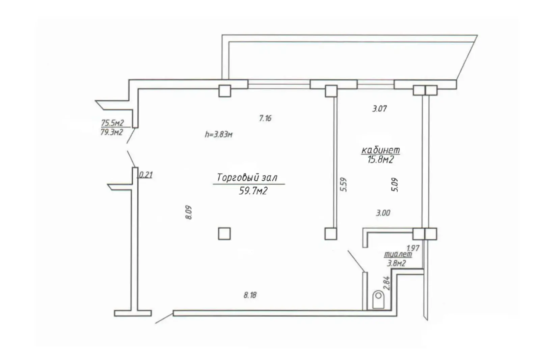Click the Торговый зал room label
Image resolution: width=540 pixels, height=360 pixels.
247,178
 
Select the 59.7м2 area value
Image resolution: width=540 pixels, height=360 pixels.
253,191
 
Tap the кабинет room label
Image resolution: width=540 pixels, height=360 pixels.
380,150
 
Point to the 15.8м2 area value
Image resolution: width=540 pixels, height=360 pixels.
380,160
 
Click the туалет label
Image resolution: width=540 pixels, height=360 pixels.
398,254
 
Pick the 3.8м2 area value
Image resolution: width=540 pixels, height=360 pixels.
396,263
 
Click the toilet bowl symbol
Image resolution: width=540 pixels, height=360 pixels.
378,300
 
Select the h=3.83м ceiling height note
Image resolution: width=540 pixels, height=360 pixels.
219,134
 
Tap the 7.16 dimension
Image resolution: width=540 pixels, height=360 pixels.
265,118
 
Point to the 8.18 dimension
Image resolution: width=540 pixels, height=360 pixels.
250,295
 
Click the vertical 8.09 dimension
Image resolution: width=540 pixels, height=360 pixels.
189,212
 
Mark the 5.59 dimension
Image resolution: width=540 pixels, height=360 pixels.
344,185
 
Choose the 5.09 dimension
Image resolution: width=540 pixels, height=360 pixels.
395,185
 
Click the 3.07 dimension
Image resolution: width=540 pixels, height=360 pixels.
379,109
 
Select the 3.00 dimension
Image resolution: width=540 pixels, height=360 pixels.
383,213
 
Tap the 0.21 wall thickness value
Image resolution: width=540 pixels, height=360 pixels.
146,175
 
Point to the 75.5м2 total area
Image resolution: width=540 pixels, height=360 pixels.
112,123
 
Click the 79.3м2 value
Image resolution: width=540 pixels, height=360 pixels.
111,132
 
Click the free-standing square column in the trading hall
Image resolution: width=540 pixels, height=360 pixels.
224,234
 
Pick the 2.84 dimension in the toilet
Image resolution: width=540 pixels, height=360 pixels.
387,283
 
